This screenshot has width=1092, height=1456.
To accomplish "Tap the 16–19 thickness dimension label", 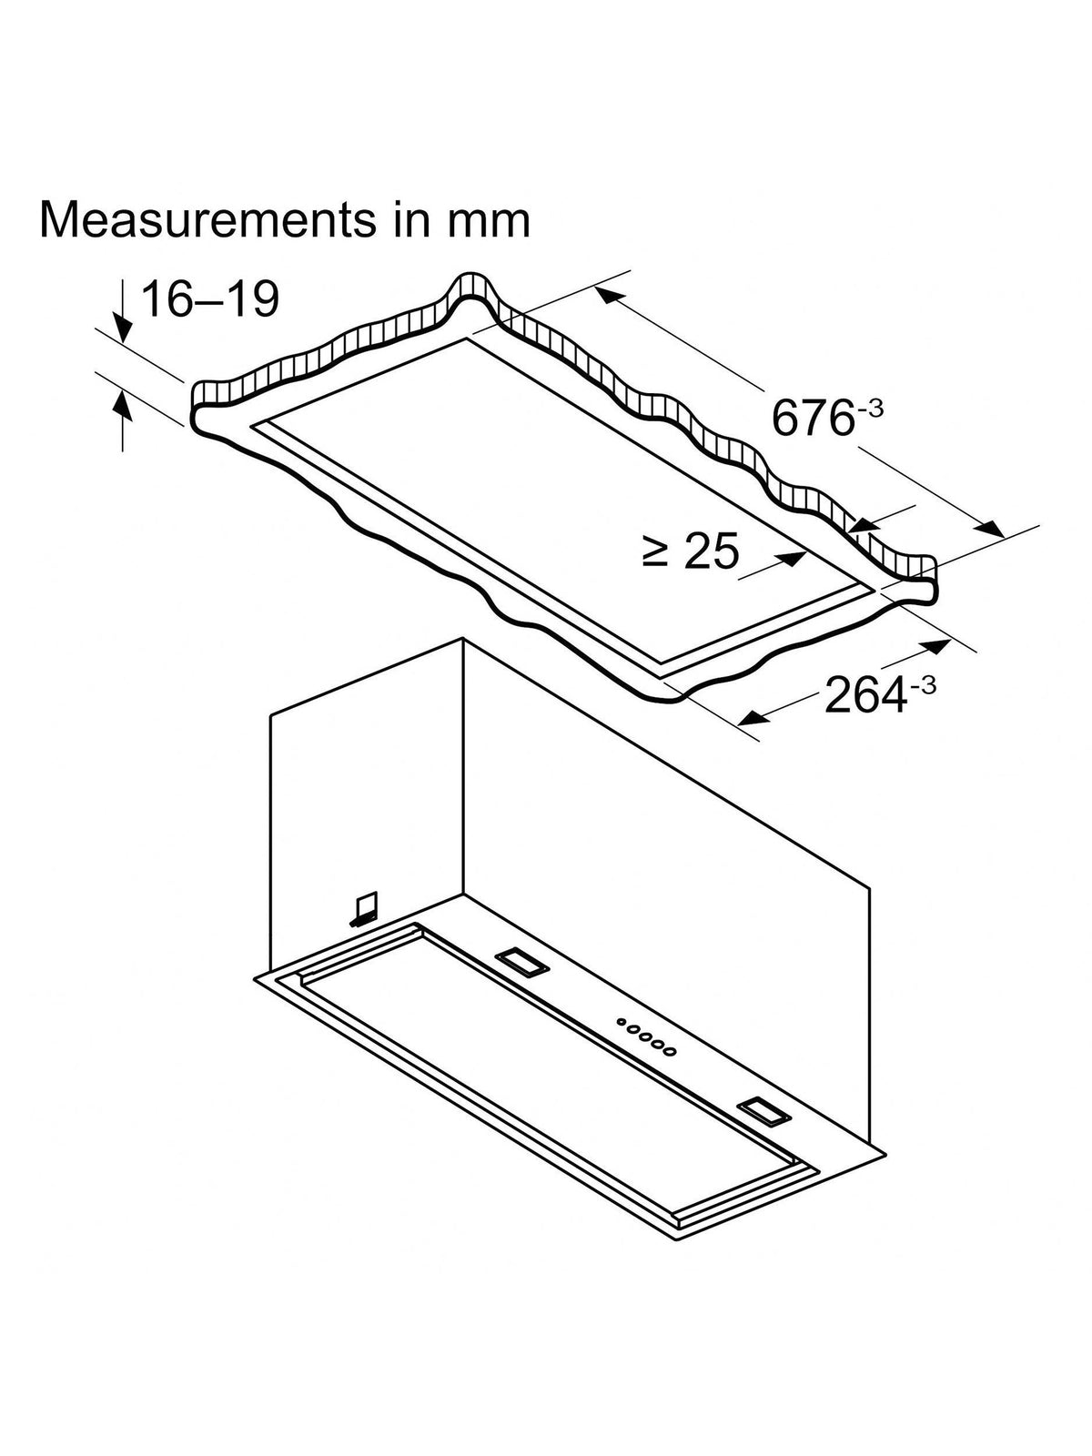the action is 210,298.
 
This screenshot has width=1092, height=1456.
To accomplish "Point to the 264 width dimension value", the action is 864,694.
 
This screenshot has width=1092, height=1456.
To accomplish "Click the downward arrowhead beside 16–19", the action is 124,329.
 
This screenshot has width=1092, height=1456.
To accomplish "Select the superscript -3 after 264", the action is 922,684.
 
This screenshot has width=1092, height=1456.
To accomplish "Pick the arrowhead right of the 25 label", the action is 793,559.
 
